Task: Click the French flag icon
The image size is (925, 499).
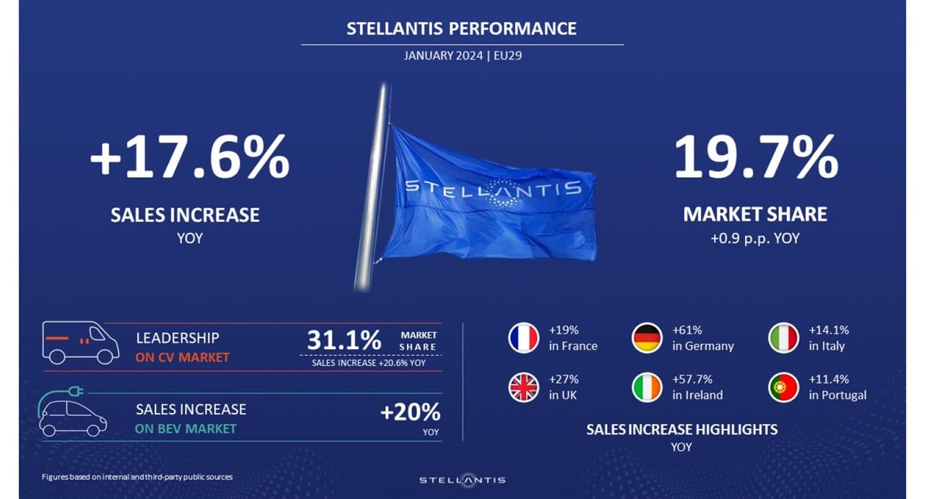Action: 523,338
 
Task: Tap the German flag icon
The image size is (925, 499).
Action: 647,338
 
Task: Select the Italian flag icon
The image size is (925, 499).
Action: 783,338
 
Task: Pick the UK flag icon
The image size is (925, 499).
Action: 523,388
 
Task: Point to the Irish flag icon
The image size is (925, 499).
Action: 647,388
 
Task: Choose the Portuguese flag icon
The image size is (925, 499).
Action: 783,388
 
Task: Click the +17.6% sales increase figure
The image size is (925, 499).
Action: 190,157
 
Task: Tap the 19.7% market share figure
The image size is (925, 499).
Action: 756,157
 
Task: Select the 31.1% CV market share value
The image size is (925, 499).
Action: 344,340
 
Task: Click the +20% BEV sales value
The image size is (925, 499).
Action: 410,411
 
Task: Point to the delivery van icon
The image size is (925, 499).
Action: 80,343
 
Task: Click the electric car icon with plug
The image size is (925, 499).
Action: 72,411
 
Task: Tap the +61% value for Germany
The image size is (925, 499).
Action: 687,330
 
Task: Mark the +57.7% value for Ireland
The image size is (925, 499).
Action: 692,379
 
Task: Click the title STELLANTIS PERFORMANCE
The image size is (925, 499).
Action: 461,28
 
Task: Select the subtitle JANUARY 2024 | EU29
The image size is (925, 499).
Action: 463,56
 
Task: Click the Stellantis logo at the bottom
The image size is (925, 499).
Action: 462,480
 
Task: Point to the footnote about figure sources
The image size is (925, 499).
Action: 137,477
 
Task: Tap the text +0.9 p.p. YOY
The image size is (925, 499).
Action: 755,239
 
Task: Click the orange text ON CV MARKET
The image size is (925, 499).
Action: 182,357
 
